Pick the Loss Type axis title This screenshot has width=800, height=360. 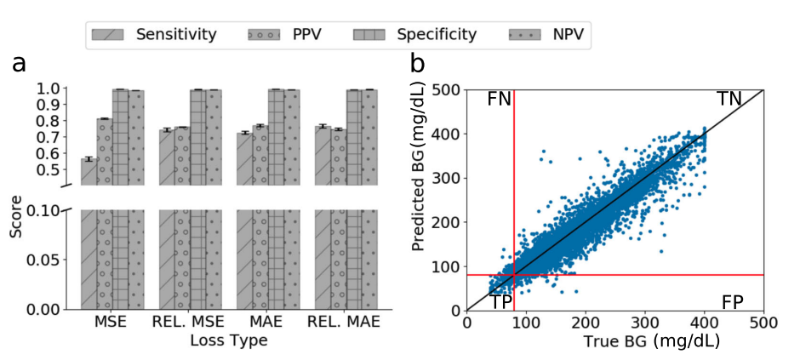click(228, 340)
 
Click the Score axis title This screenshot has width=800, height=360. click(16, 220)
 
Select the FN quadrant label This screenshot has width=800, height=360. click(499, 100)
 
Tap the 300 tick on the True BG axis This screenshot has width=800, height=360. click(644, 323)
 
